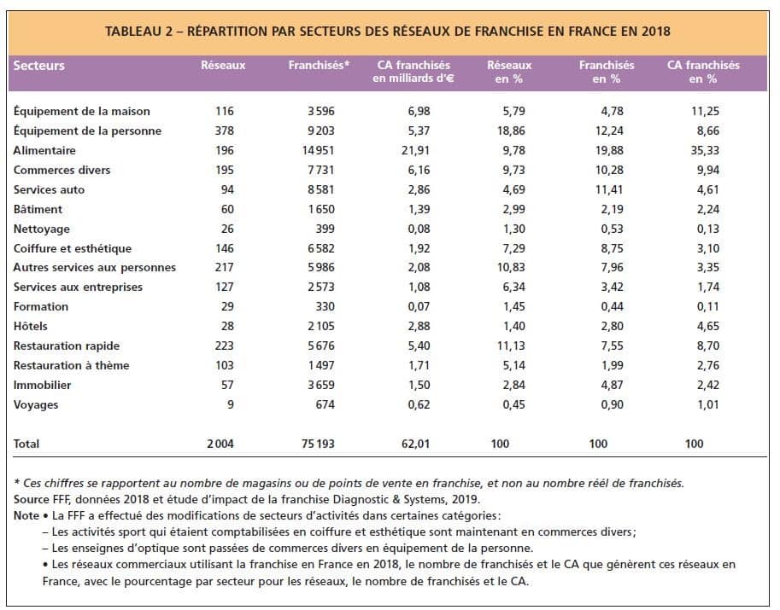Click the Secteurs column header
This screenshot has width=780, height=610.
coord(38,66)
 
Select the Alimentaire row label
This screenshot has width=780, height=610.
coord(44,150)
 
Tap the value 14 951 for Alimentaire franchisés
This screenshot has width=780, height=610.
coord(319,150)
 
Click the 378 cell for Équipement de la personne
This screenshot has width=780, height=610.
coord(225,131)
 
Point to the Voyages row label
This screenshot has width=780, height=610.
coord(36,405)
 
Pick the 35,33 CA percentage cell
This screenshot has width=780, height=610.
coord(705,150)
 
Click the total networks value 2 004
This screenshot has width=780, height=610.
coord(220,444)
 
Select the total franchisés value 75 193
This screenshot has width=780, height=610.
coord(318,444)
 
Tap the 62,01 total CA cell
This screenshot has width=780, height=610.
coord(415,444)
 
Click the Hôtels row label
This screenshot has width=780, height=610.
coord(31,327)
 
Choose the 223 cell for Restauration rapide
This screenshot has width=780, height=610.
coord(225,346)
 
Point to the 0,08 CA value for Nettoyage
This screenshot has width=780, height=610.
coord(419,229)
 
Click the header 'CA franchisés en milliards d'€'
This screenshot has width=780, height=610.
coord(413,72)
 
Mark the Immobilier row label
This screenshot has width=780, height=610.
coord(42,385)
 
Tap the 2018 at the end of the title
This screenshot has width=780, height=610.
coord(655,32)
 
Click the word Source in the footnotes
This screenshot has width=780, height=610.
coord(31,499)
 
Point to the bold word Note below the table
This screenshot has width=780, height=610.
coord(26,515)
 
